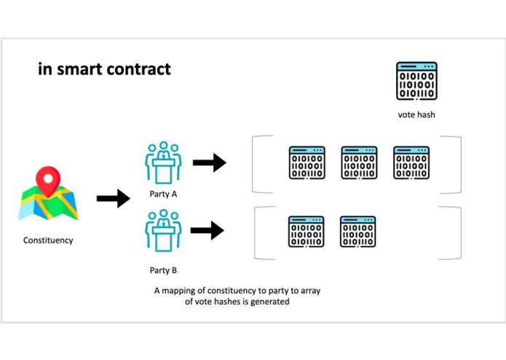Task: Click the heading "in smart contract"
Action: [104, 69]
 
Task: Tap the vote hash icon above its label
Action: [416, 80]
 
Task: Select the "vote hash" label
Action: [416, 115]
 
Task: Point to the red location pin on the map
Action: [49, 179]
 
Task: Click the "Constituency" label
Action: [48, 240]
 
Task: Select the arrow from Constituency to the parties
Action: [113, 197]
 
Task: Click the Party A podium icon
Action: [164, 164]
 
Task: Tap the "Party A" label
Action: [164, 195]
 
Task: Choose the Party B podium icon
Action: [164, 232]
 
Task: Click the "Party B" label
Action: [164, 270]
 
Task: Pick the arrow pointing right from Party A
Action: [209, 163]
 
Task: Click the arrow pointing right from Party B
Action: [207, 232]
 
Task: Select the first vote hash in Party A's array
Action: [307, 163]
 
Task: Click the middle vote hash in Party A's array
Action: [359, 163]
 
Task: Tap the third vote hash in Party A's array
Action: [411, 163]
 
